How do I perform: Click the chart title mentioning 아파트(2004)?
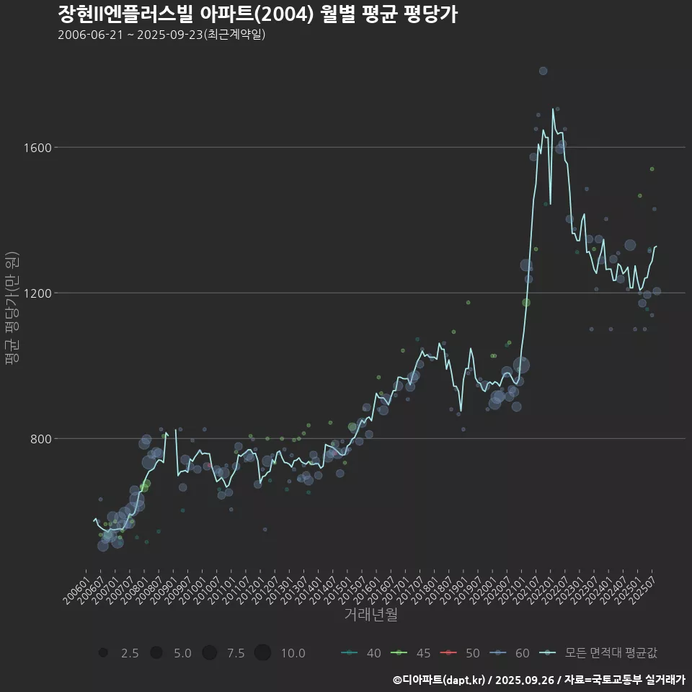click(x=257, y=14)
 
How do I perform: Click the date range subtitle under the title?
click(x=161, y=35)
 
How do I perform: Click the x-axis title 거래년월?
click(x=371, y=614)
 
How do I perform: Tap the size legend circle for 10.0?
click(x=262, y=653)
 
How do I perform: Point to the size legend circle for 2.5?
click(x=103, y=653)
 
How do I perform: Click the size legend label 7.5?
click(x=236, y=653)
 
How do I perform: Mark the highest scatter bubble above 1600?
click(x=543, y=71)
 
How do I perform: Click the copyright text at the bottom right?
click(x=538, y=680)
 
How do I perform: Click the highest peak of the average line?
click(x=553, y=110)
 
